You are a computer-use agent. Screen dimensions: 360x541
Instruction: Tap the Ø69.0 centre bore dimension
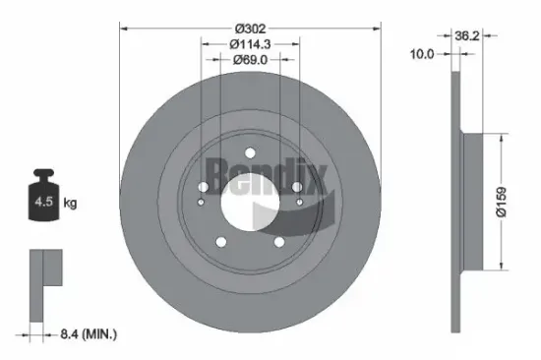point(250,60)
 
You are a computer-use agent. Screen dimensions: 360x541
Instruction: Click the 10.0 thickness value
point(421,55)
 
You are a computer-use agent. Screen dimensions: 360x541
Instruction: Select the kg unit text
point(70,204)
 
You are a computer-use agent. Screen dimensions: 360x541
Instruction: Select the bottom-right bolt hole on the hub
point(280,241)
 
